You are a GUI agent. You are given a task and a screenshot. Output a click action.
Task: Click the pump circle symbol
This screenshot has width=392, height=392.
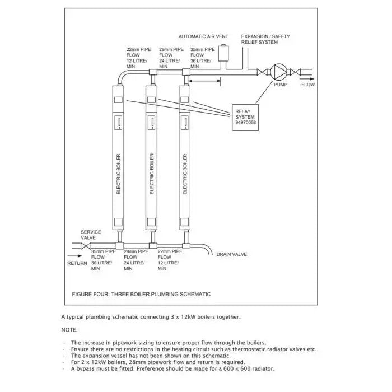[x=278, y=72]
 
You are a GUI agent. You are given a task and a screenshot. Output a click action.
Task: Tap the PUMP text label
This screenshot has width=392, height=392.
[x=280, y=85]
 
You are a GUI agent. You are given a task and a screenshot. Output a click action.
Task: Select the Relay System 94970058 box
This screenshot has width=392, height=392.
[x=246, y=117]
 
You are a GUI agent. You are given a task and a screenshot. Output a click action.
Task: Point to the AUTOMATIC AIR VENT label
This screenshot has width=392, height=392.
[x=203, y=36]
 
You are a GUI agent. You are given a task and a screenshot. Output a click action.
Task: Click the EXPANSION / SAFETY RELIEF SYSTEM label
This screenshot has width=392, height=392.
[x=265, y=39]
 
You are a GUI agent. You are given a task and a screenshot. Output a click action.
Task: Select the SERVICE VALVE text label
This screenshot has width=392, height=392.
[x=91, y=235]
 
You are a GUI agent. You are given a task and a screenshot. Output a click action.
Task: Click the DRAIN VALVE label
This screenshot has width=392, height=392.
[x=231, y=254]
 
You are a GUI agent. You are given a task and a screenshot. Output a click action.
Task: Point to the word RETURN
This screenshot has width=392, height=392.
[x=77, y=263]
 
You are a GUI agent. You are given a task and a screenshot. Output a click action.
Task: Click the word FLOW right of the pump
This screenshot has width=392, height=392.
[x=308, y=85]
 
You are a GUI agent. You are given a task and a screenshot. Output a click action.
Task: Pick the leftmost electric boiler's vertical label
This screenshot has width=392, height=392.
[x=118, y=174]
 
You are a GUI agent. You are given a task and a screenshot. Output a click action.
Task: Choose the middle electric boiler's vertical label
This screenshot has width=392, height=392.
[x=152, y=174]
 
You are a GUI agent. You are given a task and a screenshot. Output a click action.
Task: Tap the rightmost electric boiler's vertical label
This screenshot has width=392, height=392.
[x=185, y=174]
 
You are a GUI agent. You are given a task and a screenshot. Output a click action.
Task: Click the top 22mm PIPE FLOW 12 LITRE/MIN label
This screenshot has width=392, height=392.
[x=138, y=58]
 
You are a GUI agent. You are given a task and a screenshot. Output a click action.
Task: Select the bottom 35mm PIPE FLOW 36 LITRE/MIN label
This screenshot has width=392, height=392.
[x=103, y=260]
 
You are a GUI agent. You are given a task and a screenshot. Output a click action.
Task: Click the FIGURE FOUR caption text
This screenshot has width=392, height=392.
[x=141, y=294]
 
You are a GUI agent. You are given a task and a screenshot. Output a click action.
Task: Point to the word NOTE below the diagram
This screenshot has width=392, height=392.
[x=69, y=330]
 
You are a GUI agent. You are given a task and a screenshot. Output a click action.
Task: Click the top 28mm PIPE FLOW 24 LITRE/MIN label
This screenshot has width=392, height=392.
[x=171, y=58]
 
